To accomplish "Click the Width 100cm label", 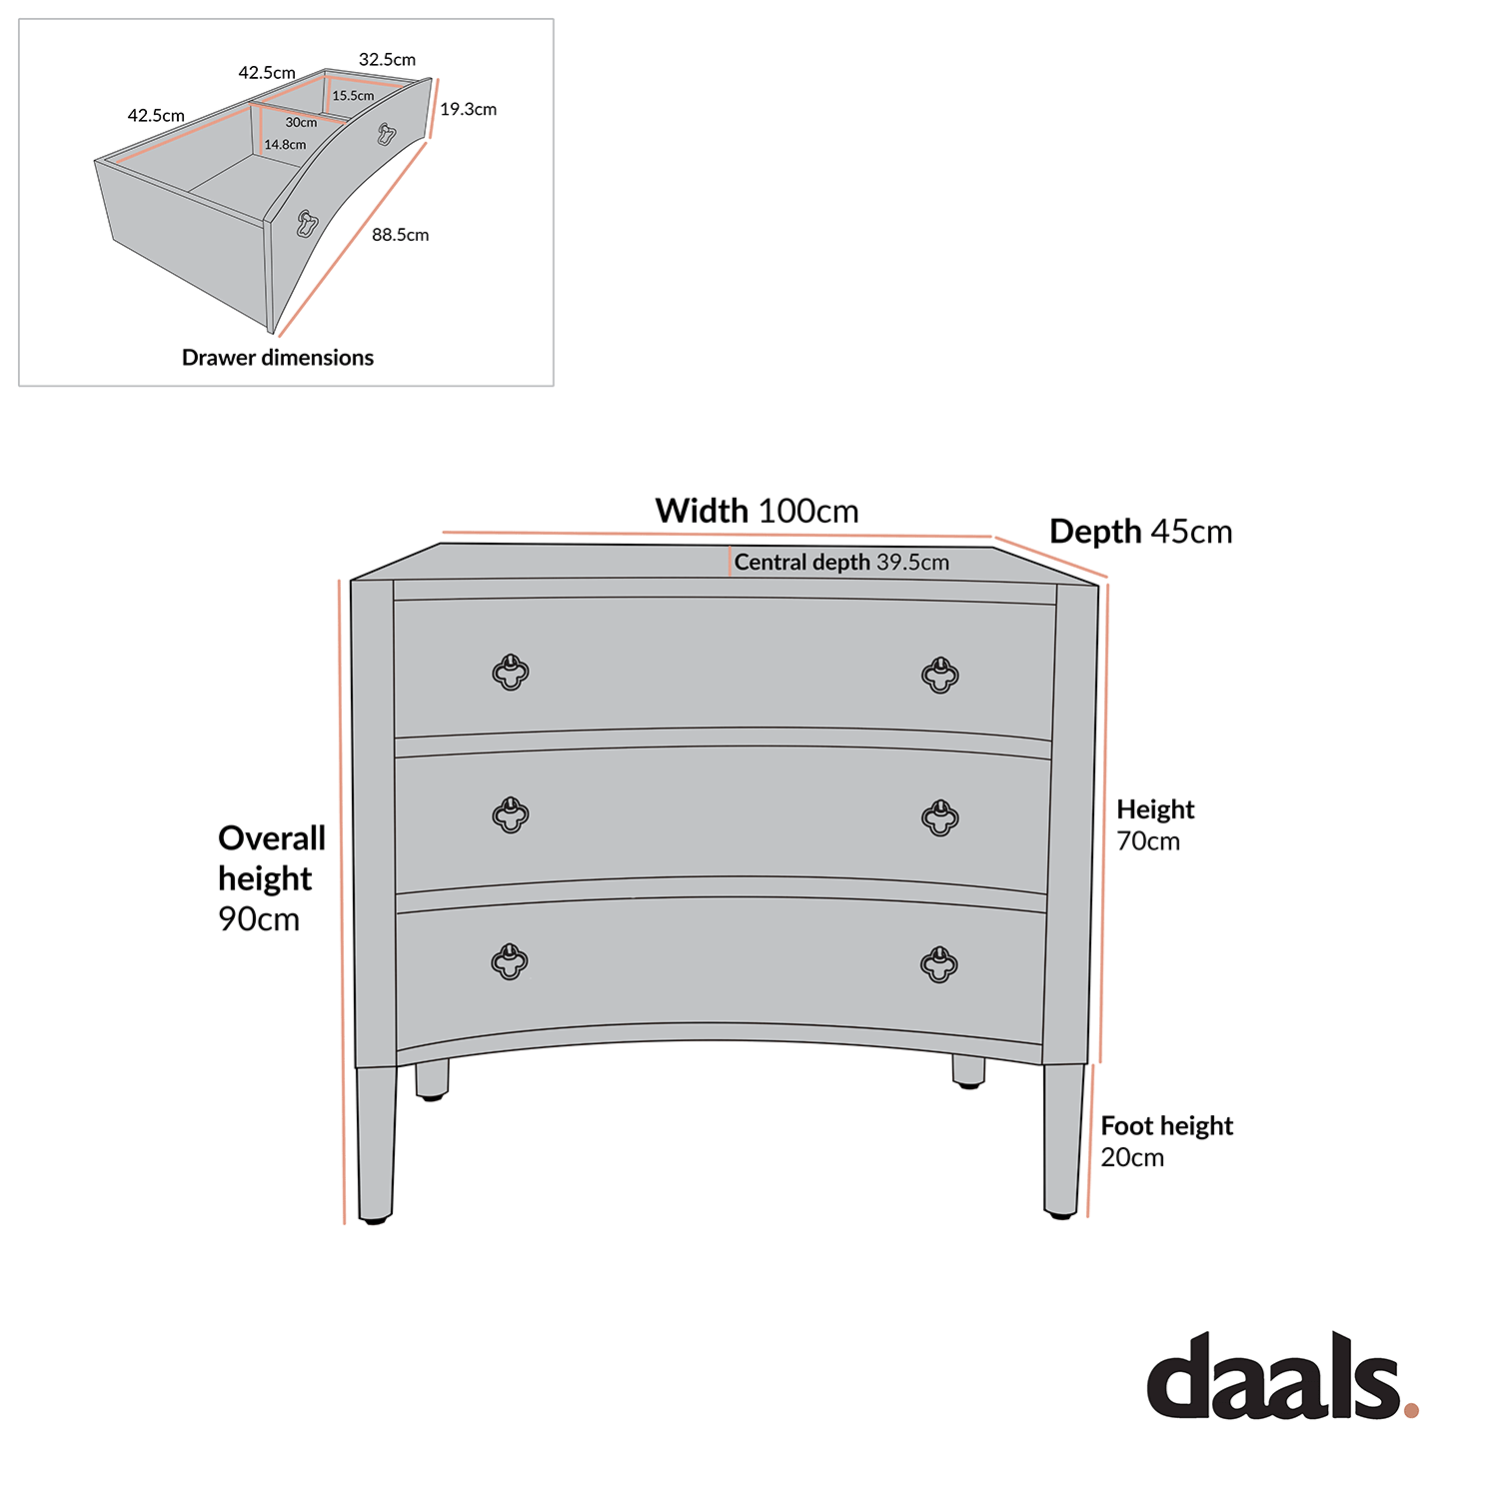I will (756, 511).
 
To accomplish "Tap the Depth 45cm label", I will (1140, 532).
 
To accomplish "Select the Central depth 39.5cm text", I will (841, 563).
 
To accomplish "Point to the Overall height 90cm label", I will (271, 877).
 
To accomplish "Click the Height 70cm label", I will (1154, 824).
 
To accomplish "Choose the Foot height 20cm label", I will (1166, 1141).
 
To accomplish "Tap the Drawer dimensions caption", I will (278, 358).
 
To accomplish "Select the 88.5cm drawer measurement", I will (400, 235).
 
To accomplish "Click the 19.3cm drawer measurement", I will (468, 109).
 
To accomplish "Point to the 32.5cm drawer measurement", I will (387, 60).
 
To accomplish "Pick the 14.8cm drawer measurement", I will (285, 145).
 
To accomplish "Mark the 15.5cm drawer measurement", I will (353, 96).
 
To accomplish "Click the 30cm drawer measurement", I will (301, 123).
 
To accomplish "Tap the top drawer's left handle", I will (511, 673).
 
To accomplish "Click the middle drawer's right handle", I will (939, 817).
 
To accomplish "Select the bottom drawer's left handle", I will (509, 962).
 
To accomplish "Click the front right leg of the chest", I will (1062, 1139).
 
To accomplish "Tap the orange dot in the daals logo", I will (1410, 1410).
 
